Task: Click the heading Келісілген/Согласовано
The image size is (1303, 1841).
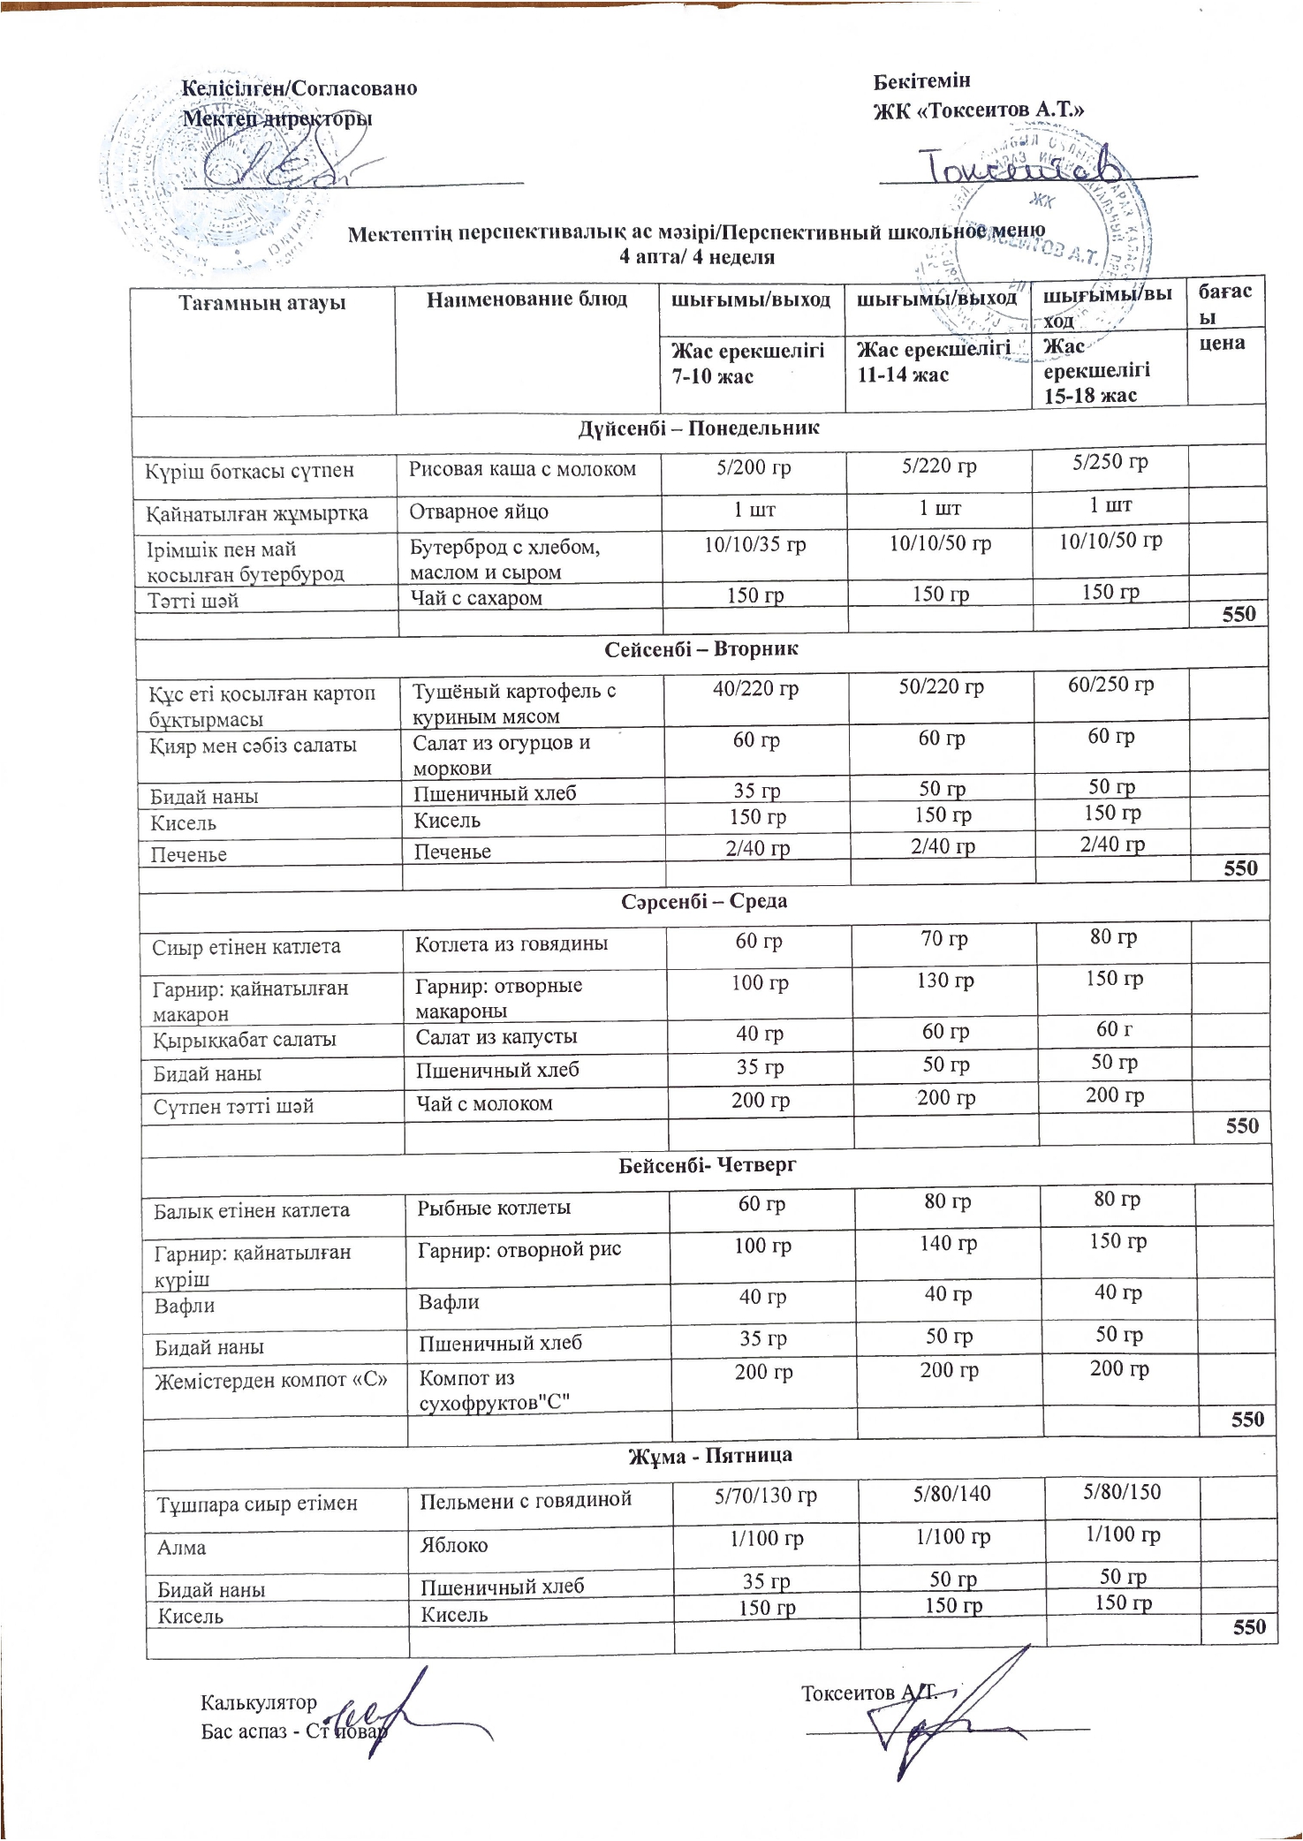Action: click(x=299, y=88)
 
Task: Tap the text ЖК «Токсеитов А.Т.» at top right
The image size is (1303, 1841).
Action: click(x=979, y=110)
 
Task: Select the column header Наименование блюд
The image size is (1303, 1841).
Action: click(x=527, y=299)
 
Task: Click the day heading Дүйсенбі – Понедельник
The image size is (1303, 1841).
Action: click(x=699, y=428)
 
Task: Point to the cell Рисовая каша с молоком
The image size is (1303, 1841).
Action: click(x=522, y=469)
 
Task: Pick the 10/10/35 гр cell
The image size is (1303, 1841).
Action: click(x=754, y=545)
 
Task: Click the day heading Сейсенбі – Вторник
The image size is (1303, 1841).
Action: click(x=701, y=649)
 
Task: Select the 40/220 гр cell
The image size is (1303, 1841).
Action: click(x=755, y=688)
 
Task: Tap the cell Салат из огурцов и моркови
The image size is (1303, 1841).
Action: click(x=502, y=754)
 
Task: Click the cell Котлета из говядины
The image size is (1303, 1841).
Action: click(x=511, y=943)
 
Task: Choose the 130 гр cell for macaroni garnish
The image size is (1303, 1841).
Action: click(x=945, y=981)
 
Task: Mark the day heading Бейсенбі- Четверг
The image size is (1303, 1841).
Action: click(x=707, y=1165)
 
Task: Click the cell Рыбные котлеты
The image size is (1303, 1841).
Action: click(x=495, y=1208)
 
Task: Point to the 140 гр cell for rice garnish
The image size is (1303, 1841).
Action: click(x=948, y=1244)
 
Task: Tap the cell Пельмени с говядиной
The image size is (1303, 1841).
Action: click(x=526, y=1499)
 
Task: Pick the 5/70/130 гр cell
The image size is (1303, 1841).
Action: click(x=766, y=1496)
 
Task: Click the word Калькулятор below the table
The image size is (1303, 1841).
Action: click(x=259, y=1702)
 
